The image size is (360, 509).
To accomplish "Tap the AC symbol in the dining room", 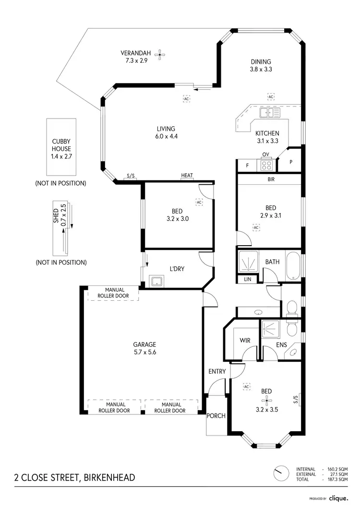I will (271, 97).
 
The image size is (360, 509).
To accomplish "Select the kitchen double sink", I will (270, 113).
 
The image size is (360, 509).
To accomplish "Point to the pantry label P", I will (291, 163).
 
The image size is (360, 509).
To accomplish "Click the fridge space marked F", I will (247, 166).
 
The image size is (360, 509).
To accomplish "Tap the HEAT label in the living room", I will (187, 176).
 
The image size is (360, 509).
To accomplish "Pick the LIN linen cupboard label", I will (248, 279).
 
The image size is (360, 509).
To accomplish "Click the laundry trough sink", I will (156, 282).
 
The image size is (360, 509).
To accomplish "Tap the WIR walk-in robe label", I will (245, 341).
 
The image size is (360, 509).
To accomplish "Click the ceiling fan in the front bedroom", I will (267, 401).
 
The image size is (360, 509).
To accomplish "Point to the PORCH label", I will (216, 415).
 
